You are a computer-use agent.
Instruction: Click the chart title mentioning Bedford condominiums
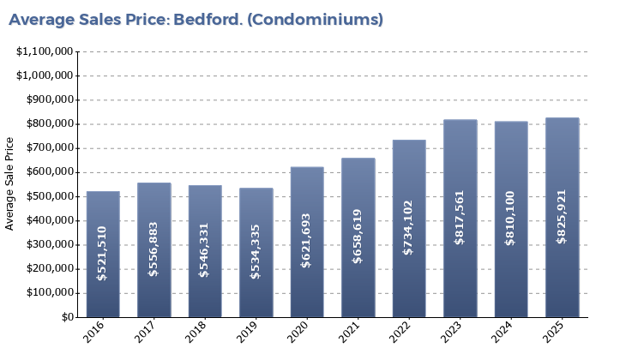(196, 18)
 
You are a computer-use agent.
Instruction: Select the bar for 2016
(103, 254)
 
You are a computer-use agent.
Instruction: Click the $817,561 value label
(460, 217)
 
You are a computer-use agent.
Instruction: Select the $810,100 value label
(511, 218)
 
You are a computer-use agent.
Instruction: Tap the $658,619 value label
(358, 236)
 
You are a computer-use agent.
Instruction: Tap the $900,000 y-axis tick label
(48, 99)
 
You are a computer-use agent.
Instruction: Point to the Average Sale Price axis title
(10, 183)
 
